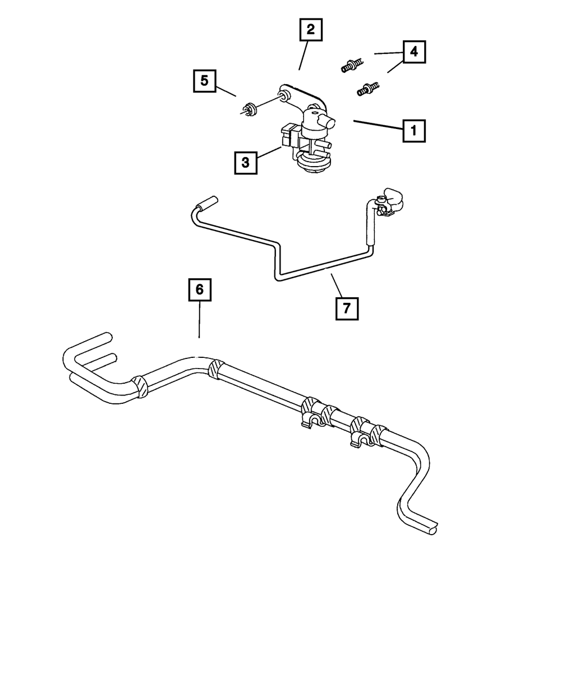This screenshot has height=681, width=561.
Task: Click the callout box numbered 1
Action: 413,131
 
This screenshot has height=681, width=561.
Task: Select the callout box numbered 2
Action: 311,30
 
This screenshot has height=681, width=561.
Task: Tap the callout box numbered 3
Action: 245,163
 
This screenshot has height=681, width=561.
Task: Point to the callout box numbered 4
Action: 413,52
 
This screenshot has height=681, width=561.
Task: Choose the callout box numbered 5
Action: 205,81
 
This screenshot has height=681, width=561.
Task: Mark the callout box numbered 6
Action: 199,291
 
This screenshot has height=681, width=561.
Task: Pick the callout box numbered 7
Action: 347,308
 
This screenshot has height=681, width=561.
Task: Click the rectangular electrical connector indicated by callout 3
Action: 289,136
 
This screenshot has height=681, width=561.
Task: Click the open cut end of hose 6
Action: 433,527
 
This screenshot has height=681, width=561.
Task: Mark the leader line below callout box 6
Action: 199,320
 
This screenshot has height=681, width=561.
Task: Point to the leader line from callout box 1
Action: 378,125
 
